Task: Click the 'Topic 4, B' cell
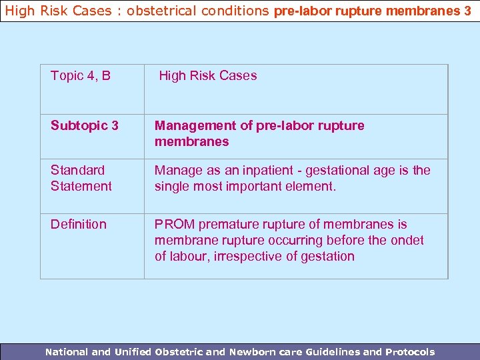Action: (x=81, y=76)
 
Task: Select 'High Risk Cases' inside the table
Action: (x=207, y=76)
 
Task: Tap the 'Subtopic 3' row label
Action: (x=85, y=125)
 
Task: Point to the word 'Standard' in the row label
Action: (x=77, y=170)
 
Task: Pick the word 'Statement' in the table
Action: (x=81, y=186)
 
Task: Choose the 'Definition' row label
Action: (x=79, y=224)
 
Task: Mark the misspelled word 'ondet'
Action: (x=408, y=240)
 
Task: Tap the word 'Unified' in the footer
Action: (x=133, y=352)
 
